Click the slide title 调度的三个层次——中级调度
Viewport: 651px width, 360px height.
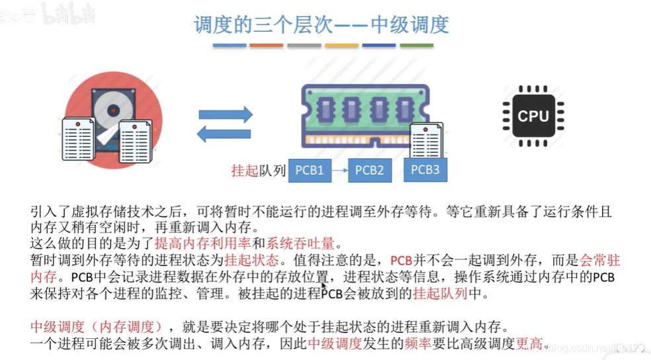point(321,24)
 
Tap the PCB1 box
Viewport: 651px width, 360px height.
point(310,171)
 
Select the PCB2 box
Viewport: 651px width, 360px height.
point(369,171)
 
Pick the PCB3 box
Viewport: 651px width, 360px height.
point(425,170)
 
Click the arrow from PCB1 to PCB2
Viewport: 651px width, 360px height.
point(339,171)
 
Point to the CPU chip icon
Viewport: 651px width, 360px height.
point(533,116)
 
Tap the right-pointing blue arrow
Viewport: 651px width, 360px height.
point(226,114)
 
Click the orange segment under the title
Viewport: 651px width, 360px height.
point(266,45)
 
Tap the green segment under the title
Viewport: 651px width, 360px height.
point(417,45)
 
